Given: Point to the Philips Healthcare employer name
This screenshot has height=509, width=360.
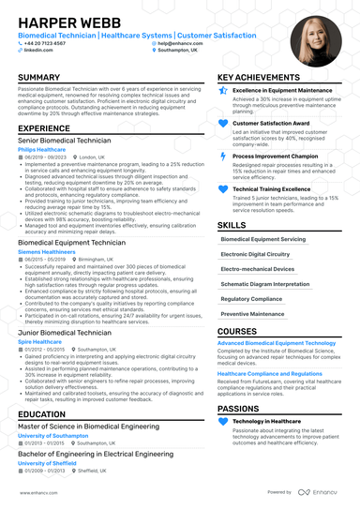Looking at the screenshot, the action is click(41, 149).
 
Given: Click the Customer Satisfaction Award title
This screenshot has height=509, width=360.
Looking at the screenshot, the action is click(273, 122).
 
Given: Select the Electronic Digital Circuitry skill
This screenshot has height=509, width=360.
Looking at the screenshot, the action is click(253, 254).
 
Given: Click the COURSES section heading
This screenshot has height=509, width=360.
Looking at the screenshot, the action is click(236, 332).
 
